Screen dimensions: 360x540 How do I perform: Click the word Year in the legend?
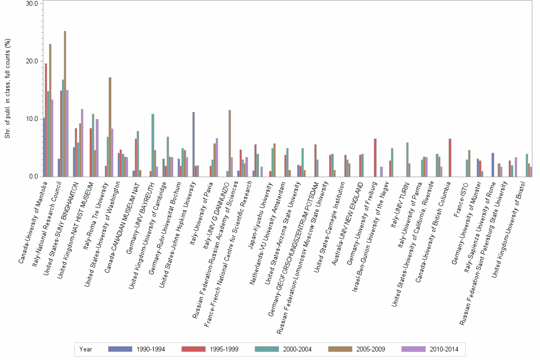[86, 349]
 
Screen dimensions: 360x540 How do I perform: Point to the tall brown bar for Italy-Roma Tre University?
[110, 127]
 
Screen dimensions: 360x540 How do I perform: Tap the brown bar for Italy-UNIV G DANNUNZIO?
[230, 143]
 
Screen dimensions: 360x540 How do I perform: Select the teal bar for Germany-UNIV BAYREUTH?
[153, 145]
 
